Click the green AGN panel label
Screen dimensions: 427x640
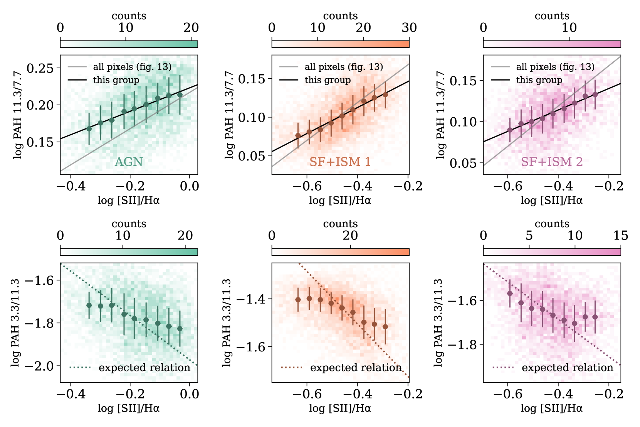pyautogui.click(x=129, y=162)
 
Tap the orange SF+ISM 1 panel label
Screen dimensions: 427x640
pyautogui.click(x=340, y=162)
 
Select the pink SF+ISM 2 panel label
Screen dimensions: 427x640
pyautogui.click(x=551, y=162)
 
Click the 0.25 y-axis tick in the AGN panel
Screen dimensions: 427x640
pyautogui.click(x=40, y=68)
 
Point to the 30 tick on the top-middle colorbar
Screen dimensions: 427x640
pyautogui.click(x=409, y=28)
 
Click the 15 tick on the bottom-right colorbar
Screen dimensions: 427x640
pyautogui.click(x=620, y=236)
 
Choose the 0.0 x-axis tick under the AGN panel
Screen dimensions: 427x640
pyautogui.click(x=189, y=186)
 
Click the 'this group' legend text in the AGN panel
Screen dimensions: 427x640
pyautogui.click(x=116, y=80)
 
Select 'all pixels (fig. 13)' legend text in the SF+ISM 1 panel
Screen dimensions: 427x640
pyautogui.click(x=344, y=67)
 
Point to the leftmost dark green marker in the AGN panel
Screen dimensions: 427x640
pyautogui.click(x=89, y=129)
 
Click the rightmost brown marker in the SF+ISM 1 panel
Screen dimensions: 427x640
pyautogui.click(x=385, y=95)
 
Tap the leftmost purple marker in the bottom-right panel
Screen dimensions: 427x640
pyautogui.click(x=510, y=294)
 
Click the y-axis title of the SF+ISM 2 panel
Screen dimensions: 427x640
pyautogui.click(x=440, y=115)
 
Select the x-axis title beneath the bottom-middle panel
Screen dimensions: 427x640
pyautogui.click(x=340, y=408)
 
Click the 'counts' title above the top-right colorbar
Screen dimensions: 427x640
pyautogui.click(x=552, y=16)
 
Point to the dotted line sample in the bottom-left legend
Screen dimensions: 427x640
pyautogui.click(x=80, y=368)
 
